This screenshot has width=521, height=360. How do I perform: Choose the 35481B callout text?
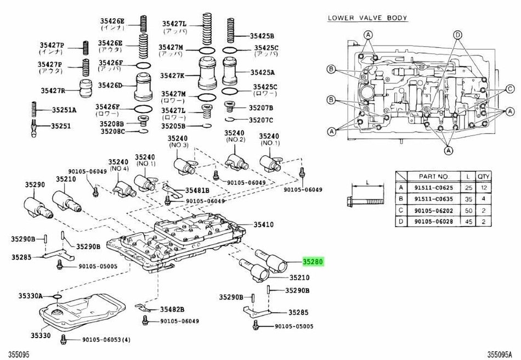[x=196, y=190]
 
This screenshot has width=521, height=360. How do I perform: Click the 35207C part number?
[x=262, y=120]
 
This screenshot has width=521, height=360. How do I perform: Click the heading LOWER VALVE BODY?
[x=367, y=18]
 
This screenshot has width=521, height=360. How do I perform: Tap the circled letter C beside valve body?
[x=509, y=88]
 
